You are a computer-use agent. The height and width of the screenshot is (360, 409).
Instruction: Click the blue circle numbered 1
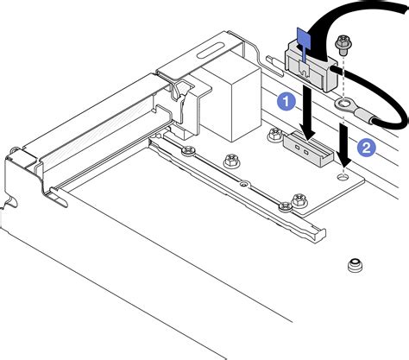pos(285,101)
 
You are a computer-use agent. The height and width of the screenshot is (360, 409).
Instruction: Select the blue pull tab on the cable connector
pos(303,38)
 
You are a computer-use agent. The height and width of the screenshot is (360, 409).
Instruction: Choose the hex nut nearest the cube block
pos(230,161)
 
